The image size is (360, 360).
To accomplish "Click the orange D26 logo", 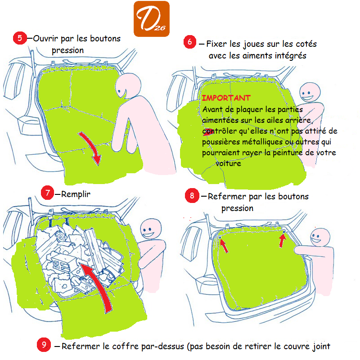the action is click(x=152, y=19).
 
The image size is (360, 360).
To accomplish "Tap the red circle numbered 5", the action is click(x=20, y=38).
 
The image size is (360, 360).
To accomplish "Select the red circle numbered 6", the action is click(x=190, y=42).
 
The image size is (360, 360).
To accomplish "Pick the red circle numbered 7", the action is click(x=47, y=193).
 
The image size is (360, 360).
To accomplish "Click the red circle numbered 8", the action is click(x=192, y=196).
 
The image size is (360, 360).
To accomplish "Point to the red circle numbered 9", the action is click(x=44, y=345).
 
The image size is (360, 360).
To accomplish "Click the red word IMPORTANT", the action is click(x=226, y=98).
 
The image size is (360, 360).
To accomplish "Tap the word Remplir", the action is click(x=76, y=194).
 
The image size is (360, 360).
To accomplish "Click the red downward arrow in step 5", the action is click(x=91, y=147).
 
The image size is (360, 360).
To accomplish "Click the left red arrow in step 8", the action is click(x=224, y=246).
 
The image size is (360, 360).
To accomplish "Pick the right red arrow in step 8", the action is click(x=283, y=241).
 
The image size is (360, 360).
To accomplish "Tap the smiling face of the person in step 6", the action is click(x=310, y=92).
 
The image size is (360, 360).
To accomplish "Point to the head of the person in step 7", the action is click(x=151, y=229).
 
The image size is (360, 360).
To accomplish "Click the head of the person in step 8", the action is click(x=320, y=238).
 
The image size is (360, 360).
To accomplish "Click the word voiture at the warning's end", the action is click(x=228, y=163).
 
